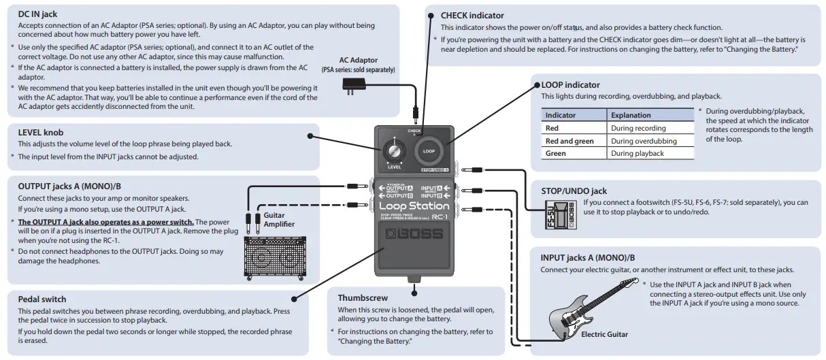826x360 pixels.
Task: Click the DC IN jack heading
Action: pyautogui.click(x=37, y=14)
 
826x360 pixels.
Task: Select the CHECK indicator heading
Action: pyautogui.click(x=472, y=15)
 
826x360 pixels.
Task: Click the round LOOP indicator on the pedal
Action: pyautogui.click(x=429, y=150)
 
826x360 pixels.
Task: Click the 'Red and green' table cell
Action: pyautogui.click(x=569, y=141)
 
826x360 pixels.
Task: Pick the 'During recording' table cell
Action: pyautogui.click(x=638, y=128)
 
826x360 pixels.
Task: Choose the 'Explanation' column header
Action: pyautogui.click(x=631, y=115)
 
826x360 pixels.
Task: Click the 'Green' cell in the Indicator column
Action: pyautogui.click(x=556, y=154)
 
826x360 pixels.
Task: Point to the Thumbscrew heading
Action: pyautogui.click(x=363, y=297)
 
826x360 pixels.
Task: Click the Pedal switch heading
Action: pyautogui.click(x=42, y=299)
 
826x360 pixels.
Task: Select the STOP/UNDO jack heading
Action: pyautogui.click(x=574, y=191)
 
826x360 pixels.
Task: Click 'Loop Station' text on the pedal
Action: pyautogui.click(x=414, y=206)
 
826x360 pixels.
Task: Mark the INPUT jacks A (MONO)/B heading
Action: pyautogui.click(x=588, y=258)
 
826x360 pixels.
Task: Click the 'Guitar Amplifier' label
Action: pyautogui.click(x=278, y=219)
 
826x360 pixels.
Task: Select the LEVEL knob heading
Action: pyautogui.click(x=40, y=132)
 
